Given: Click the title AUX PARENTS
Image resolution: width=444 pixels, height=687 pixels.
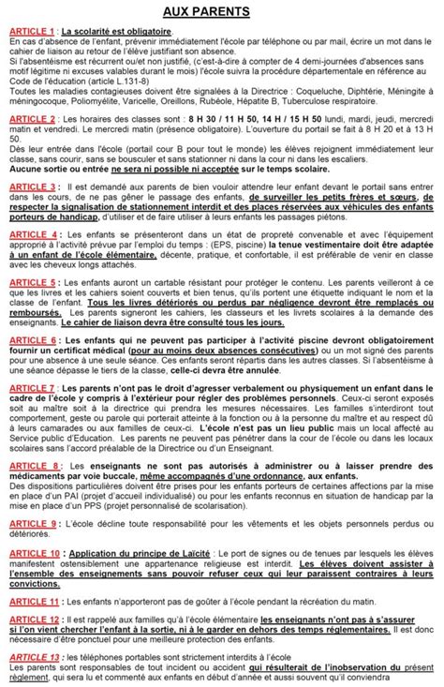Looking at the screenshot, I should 221,11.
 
